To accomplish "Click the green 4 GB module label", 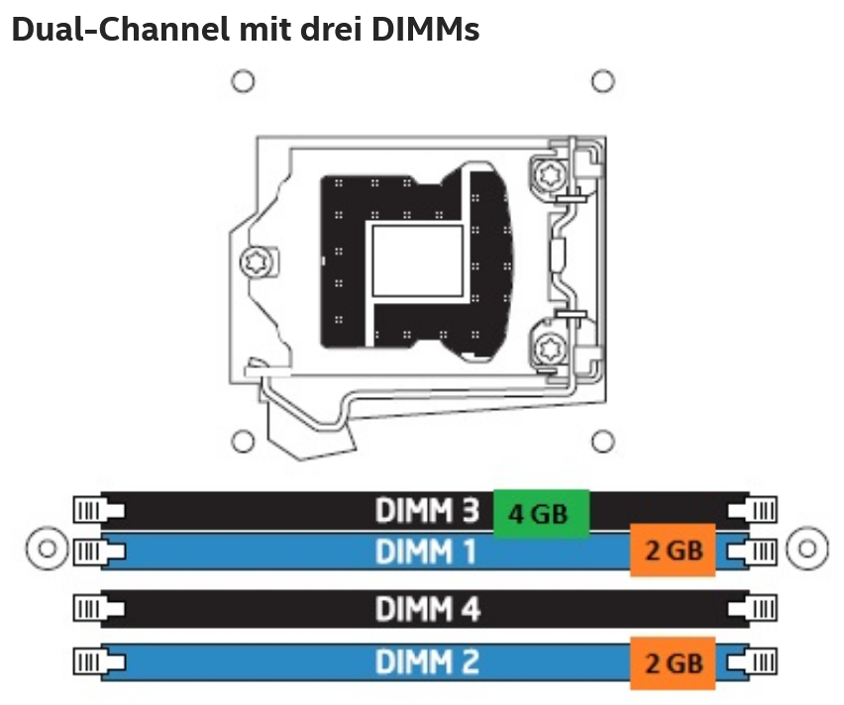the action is click(542, 513).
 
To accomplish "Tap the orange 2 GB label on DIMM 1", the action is click(673, 550).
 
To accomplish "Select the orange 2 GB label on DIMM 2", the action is click(673, 663).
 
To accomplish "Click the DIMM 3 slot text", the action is click(427, 510).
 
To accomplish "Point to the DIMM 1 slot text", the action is click(425, 552).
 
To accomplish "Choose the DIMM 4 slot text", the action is click(427, 609).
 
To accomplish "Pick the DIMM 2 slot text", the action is click(427, 662).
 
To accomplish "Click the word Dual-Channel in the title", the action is click(121, 29).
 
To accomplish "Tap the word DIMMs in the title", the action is click(425, 29).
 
